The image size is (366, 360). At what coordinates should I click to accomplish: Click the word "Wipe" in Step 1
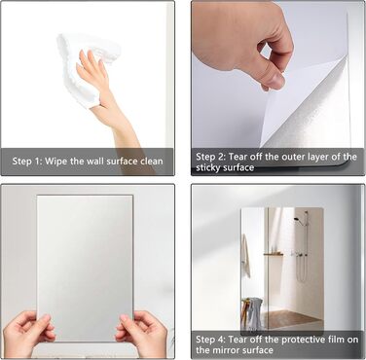[55, 162]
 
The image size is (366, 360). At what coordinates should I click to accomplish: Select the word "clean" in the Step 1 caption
[152, 162]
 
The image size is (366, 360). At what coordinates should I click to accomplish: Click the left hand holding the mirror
[27, 333]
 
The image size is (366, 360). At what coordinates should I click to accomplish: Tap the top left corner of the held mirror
[37, 196]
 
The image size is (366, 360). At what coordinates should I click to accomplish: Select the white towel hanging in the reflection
[246, 256]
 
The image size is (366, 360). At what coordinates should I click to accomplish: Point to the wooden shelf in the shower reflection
[273, 254]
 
